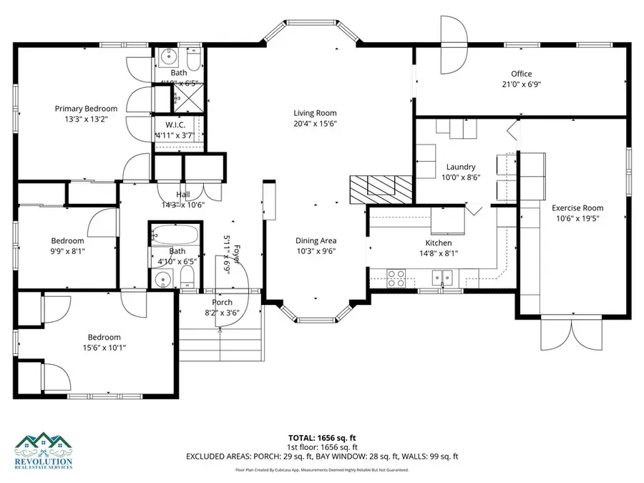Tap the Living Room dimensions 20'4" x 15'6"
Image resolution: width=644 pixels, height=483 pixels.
(x=315, y=124)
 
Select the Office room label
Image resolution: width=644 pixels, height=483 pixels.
(x=521, y=74)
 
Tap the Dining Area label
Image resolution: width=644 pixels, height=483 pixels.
(x=316, y=240)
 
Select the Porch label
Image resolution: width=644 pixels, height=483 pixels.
(x=222, y=302)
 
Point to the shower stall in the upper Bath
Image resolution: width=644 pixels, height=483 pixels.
(x=190, y=94)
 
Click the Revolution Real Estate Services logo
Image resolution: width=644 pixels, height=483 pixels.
(x=44, y=451)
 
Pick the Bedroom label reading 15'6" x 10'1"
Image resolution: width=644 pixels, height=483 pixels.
(x=104, y=337)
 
